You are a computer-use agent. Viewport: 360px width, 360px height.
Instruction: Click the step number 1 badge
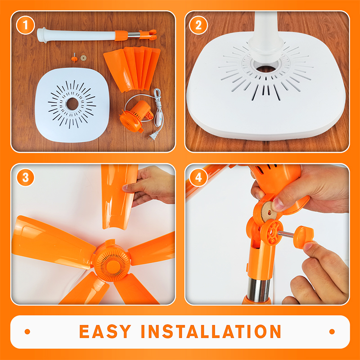[x=25, y=25]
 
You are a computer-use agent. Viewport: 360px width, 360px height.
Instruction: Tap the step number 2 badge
[x=198, y=25]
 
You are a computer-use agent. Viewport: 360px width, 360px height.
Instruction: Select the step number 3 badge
[x=25, y=177]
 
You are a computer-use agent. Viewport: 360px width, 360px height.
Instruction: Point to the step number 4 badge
[x=198, y=177]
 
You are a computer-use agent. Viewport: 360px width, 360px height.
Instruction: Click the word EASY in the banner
[x=105, y=331]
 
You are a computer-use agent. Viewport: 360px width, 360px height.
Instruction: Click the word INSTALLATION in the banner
[x=211, y=331]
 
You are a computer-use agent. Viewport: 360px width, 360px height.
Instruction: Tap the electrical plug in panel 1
[x=153, y=136]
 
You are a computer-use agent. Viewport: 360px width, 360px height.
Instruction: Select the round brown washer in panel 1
[x=83, y=58]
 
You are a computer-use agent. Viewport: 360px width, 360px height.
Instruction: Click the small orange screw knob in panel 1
[x=74, y=58]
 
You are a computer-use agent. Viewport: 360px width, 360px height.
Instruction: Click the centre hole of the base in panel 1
[x=72, y=104]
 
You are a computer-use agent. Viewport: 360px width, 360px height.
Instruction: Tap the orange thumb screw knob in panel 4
[x=303, y=237]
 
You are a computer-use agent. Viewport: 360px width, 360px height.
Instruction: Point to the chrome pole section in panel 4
[x=259, y=289]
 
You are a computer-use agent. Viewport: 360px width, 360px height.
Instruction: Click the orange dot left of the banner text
[x=27, y=332]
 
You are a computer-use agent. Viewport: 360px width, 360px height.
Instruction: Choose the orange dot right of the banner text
[x=332, y=332]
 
